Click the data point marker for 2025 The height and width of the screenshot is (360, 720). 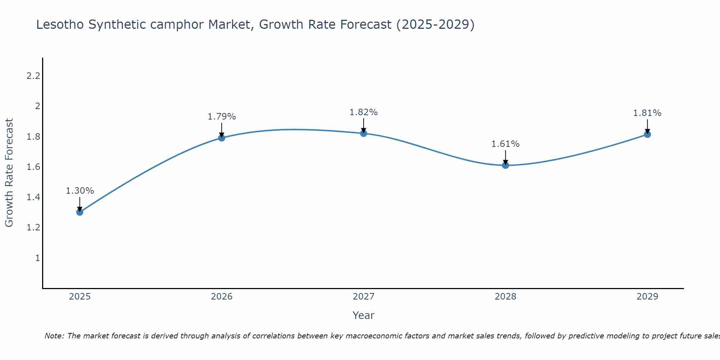pos(80,212)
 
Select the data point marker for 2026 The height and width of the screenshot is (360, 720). pos(222,138)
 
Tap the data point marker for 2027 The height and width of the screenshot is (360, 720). pos(364,133)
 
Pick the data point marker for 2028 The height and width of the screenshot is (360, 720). pos(505,165)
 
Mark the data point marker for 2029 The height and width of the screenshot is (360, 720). pos(647,134)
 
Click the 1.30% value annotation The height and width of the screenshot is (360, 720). pos(80,191)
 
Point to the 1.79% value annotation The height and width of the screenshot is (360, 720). pos(222,117)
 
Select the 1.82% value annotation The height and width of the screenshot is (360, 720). pos(364,112)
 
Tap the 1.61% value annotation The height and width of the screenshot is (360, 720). pos(505,144)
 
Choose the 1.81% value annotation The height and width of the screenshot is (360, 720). pos(647,113)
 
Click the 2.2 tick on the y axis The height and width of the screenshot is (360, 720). pos(33,76)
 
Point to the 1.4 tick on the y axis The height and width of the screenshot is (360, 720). pos(33,197)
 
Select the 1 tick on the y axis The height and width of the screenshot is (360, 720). pos(37,258)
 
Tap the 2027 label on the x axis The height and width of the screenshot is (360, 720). pos(364,297)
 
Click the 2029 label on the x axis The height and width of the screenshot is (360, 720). pos(647,297)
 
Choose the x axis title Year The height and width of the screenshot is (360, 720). pos(364,315)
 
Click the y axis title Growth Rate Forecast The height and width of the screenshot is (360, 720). pos(9,173)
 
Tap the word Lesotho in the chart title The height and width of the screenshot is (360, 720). pos(60,25)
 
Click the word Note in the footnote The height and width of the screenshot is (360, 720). pos(54,336)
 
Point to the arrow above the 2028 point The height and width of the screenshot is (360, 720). pos(505,157)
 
